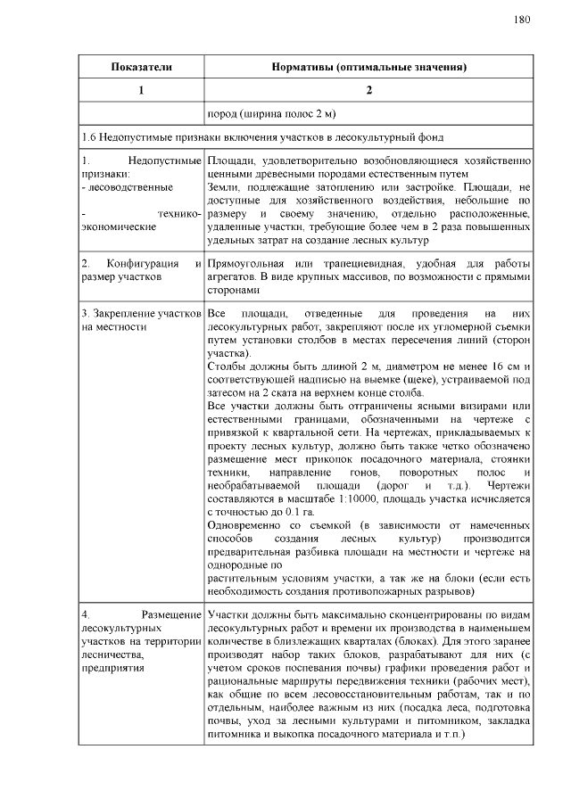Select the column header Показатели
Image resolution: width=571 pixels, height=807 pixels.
(141, 67)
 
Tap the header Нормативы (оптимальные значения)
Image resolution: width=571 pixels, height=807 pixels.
(368, 67)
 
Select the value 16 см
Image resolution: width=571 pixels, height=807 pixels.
(511, 367)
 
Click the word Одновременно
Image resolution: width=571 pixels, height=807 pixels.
(245, 528)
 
